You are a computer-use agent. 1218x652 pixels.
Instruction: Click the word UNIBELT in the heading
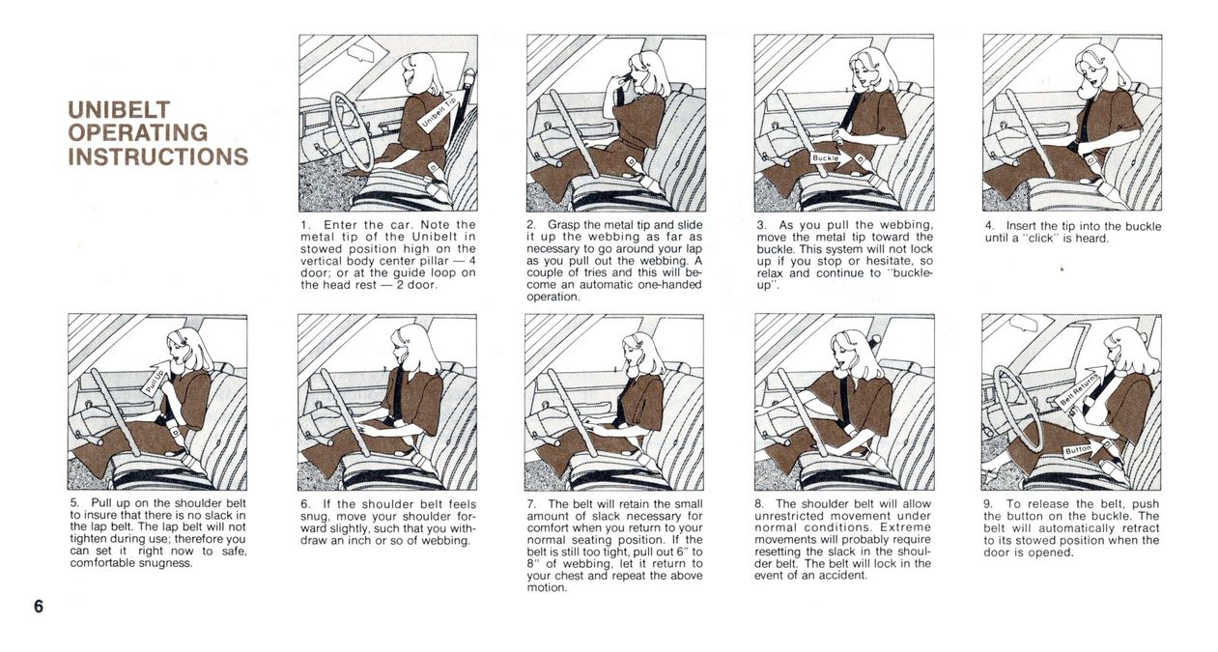pyautogui.click(x=119, y=110)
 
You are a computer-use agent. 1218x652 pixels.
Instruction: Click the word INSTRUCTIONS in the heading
pyautogui.click(x=158, y=156)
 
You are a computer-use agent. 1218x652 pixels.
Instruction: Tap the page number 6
pyautogui.click(x=39, y=607)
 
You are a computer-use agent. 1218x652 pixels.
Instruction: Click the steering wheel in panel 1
pyautogui.click(x=351, y=131)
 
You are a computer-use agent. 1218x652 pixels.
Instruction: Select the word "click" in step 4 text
pyautogui.click(x=1039, y=239)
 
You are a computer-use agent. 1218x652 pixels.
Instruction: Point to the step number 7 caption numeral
pyautogui.click(x=530, y=504)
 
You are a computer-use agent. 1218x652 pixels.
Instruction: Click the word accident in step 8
pyautogui.click(x=841, y=576)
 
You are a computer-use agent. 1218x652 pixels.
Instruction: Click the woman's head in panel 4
pyautogui.click(x=1098, y=70)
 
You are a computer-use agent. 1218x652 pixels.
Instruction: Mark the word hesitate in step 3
pyautogui.click(x=892, y=261)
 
